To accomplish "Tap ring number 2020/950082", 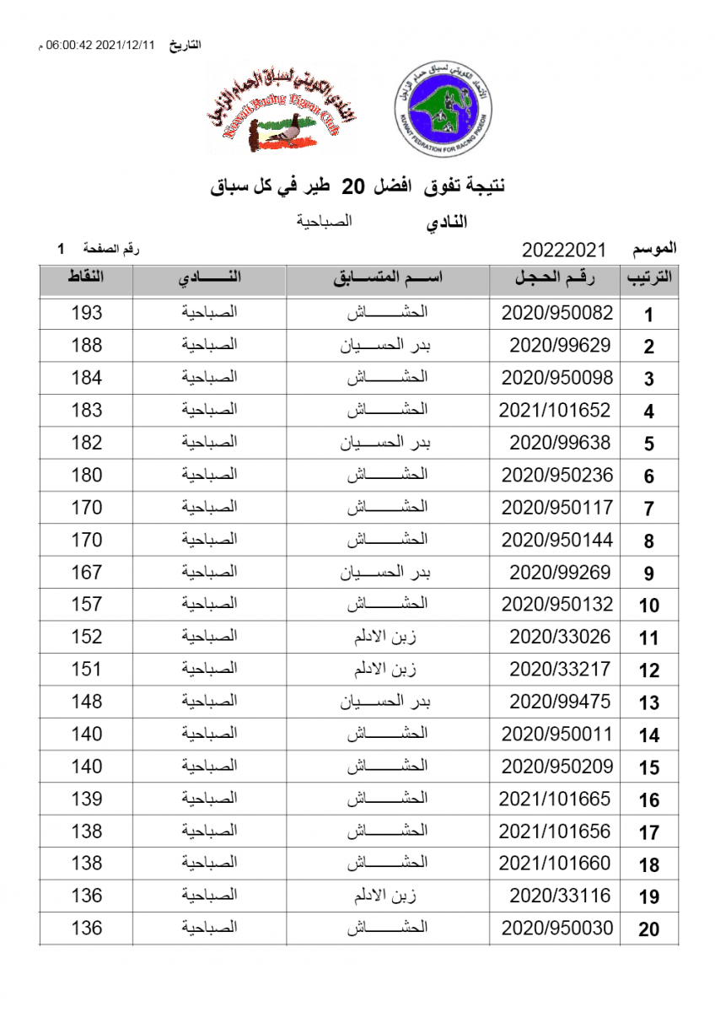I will (556, 313).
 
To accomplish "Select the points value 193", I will (87, 313).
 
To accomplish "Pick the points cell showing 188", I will (87, 346).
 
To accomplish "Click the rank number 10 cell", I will (648, 606).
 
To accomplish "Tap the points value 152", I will (87, 637).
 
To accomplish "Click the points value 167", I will (87, 572).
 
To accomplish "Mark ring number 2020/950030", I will (556, 928).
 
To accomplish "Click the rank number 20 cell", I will (648, 929).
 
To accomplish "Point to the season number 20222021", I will (564, 250).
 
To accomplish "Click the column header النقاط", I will (86, 278).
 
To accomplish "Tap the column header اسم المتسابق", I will (387, 278).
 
